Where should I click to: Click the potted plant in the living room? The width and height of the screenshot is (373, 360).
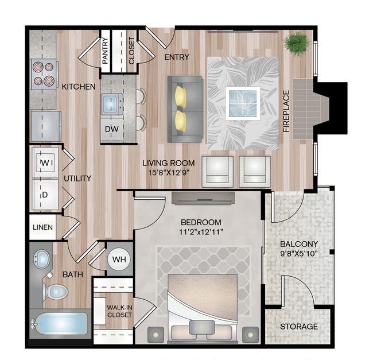point(297,44)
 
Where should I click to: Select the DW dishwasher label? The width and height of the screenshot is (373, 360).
point(112,129)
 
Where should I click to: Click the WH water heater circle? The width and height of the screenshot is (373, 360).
point(119,260)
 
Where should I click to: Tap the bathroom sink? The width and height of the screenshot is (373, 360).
point(42,259)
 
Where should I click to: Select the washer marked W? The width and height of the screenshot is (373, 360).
point(45,162)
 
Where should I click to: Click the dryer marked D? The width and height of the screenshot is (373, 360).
point(45,195)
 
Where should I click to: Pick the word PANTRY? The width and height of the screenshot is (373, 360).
point(105,51)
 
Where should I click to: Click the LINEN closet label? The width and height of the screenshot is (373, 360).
point(43,227)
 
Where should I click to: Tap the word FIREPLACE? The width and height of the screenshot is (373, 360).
point(286,111)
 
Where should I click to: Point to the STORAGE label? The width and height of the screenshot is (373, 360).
point(299,327)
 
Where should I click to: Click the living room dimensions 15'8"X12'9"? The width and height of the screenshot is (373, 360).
point(169,172)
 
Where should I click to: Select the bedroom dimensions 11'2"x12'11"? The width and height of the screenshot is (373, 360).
point(201,232)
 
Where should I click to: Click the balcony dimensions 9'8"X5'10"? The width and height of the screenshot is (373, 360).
point(299,254)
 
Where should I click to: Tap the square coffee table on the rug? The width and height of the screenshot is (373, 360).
point(243,103)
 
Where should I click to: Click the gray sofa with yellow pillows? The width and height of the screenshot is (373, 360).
point(185,109)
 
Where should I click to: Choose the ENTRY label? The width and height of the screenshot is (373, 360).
point(177,57)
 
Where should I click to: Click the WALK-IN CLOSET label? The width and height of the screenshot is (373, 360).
point(119,311)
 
